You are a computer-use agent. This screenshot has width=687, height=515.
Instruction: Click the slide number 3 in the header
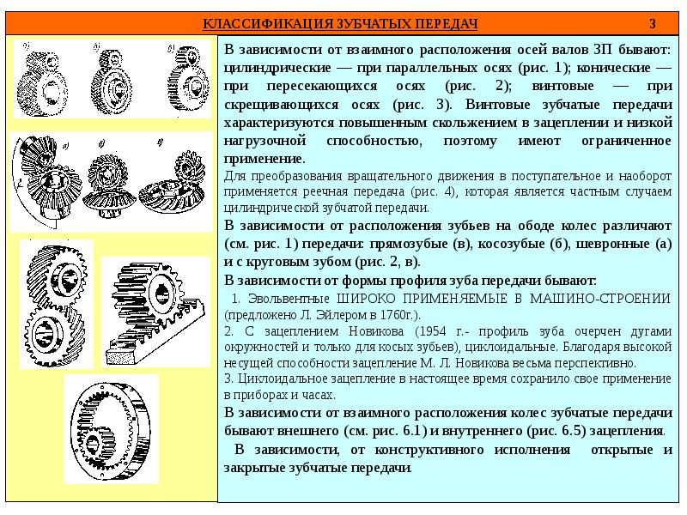click(x=653, y=24)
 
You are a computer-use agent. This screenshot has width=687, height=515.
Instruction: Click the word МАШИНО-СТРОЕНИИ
click(x=600, y=299)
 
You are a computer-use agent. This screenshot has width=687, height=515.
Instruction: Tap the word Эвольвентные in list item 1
click(x=289, y=299)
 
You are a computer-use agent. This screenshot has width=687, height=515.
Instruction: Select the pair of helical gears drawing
click(x=56, y=306)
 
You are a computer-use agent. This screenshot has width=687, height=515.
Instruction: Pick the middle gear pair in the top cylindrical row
click(x=112, y=81)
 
